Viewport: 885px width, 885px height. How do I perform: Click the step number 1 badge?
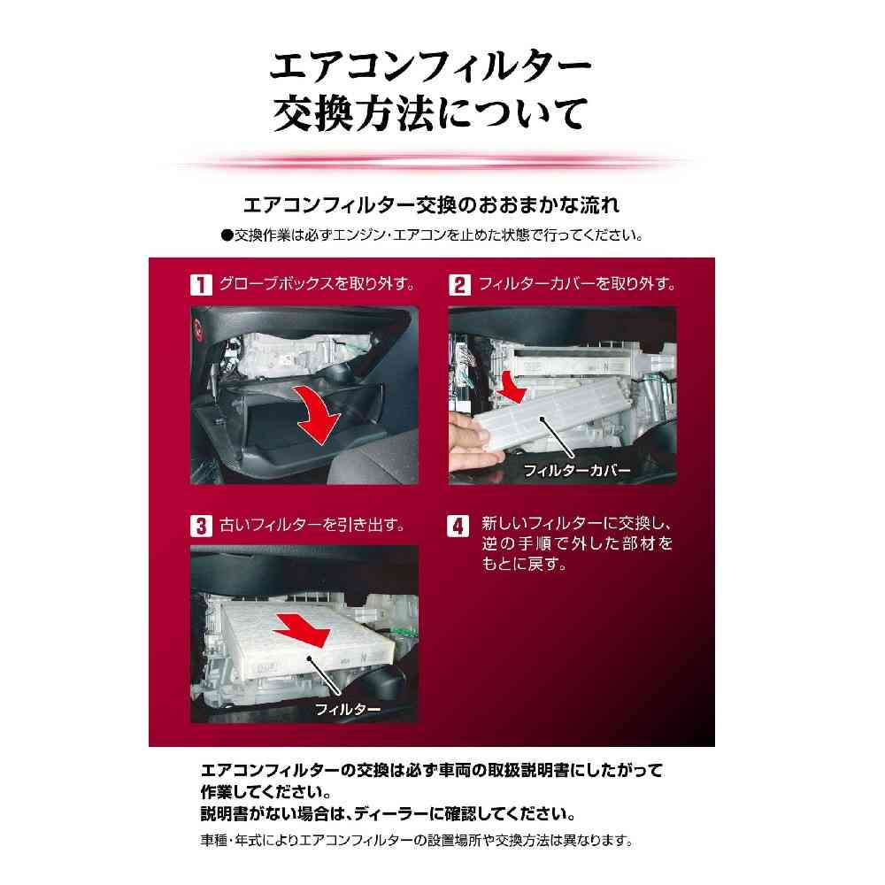200,284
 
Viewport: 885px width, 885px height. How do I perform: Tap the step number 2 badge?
458,284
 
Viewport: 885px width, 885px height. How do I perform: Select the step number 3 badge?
200,526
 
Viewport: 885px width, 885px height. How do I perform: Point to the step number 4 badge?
458,526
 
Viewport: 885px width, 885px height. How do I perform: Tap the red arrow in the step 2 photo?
512,388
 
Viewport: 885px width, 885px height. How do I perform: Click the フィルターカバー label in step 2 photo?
577,470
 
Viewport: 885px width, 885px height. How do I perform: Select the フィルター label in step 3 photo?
347,709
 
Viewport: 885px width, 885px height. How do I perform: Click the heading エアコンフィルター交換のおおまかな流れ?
431,205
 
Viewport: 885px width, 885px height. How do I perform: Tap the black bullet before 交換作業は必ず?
227,235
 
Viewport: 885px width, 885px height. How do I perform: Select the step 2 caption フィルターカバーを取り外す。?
577,283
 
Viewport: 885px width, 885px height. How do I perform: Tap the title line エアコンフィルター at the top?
431,65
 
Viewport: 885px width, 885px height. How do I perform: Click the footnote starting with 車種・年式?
417,841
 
